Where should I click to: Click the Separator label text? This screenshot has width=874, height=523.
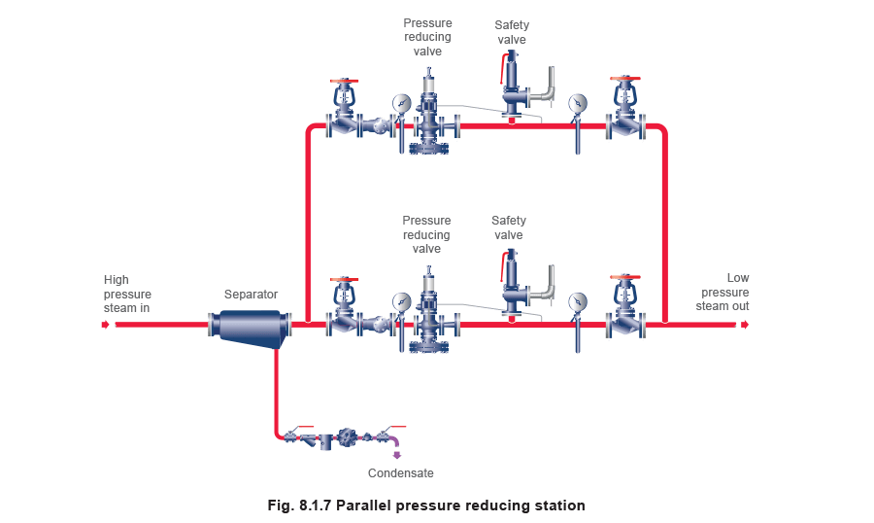pyautogui.click(x=251, y=294)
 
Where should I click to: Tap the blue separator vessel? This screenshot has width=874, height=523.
pyautogui.click(x=252, y=326)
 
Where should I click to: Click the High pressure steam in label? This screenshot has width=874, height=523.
pyautogui.click(x=127, y=294)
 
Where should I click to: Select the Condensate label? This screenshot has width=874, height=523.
pyautogui.click(x=401, y=473)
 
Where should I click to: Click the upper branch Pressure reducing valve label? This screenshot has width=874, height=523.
pyautogui.click(x=427, y=36)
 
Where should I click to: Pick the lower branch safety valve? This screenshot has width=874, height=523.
pyautogui.click(x=513, y=289)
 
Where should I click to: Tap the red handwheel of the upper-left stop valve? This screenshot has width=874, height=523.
pyautogui.click(x=343, y=81)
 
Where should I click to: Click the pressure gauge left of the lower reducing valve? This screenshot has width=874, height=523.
pyautogui.click(x=401, y=301)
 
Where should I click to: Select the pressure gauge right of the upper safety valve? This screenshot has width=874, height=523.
pyautogui.click(x=578, y=102)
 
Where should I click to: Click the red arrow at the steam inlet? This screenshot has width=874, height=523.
pyautogui.click(x=106, y=326)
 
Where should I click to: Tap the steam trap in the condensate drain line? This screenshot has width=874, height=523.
pyautogui.click(x=347, y=438)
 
